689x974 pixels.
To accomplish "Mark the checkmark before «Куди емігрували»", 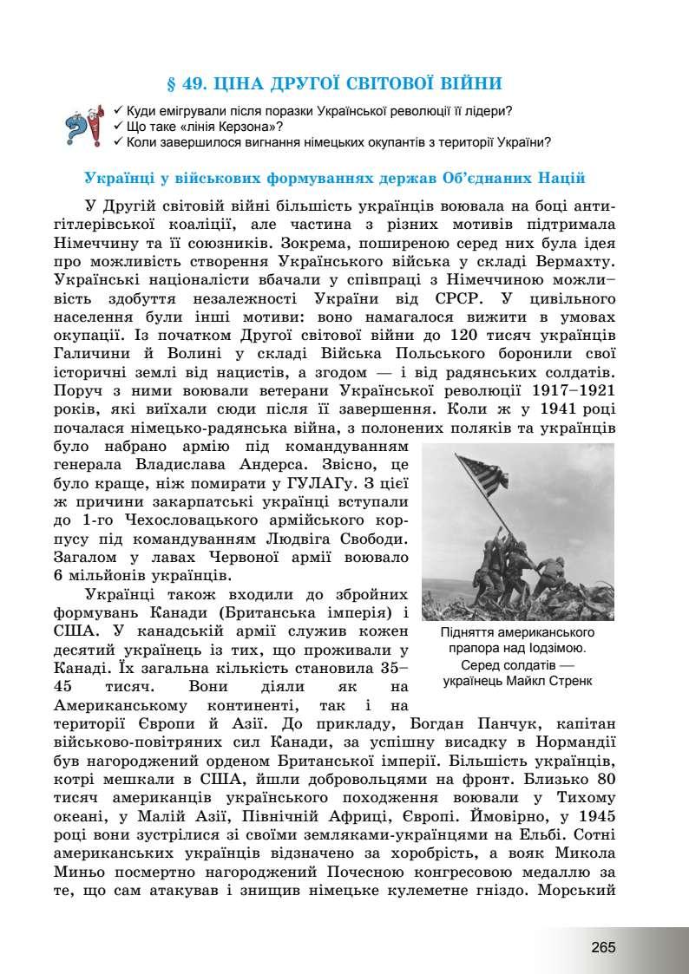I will coord(119,111).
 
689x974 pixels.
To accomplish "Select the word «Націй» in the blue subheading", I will coord(561,178).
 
